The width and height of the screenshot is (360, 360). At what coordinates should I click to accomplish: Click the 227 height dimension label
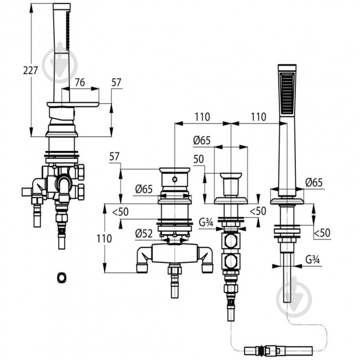[30, 70]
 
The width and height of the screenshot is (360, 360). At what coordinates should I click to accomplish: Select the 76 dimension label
[80, 82]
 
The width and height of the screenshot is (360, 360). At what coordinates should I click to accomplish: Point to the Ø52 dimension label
[144, 234]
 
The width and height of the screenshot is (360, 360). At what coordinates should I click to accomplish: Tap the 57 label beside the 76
[116, 82]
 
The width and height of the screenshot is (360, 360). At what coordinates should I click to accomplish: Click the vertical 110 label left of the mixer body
[104, 238]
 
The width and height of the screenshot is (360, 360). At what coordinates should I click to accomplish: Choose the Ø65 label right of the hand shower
[314, 182]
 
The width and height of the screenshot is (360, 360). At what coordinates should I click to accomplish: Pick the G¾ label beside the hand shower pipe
[313, 259]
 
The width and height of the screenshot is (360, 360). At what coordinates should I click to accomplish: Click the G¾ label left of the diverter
[206, 222]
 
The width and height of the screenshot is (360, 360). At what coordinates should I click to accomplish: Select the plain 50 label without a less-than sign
[199, 159]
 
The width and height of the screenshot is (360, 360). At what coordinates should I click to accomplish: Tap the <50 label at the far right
[322, 233]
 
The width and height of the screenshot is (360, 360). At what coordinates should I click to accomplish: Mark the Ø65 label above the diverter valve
[202, 140]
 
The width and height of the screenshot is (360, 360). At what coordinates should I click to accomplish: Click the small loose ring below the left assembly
[62, 277]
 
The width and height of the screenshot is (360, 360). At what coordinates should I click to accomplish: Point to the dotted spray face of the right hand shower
[287, 93]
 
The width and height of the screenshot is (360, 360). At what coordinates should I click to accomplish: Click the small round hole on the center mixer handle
[175, 179]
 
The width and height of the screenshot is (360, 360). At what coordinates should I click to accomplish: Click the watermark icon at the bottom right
[294, 299]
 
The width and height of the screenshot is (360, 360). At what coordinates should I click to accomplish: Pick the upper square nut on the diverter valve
[231, 241]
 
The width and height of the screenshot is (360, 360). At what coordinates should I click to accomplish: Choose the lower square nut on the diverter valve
[231, 261]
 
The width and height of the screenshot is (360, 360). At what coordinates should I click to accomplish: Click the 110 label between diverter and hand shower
[258, 117]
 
